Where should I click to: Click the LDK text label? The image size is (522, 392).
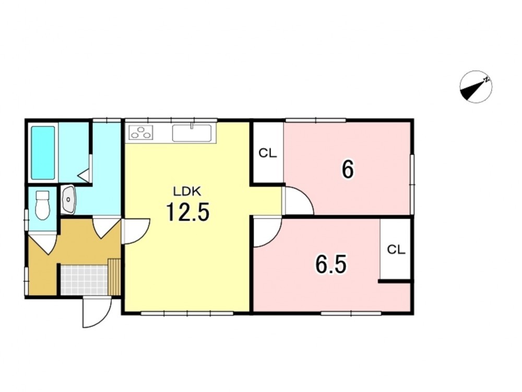[187, 191]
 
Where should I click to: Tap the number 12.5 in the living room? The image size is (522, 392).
[188, 212]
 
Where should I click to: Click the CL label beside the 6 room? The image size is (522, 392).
[268, 153]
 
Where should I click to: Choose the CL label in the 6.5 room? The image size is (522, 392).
[396, 249]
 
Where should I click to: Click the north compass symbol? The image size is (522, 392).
[476, 87]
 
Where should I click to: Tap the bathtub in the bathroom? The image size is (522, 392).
[43, 153]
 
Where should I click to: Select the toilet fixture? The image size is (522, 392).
[42, 205]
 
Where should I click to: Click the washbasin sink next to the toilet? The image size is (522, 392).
[68, 199]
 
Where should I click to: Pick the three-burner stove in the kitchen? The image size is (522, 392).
[141, 132]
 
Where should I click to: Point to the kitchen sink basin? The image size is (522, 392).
[192, 133]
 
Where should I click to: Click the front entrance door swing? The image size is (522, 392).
[97, 312]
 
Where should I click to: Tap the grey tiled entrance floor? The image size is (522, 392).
[85, 280]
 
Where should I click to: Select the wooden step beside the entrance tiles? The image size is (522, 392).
[114, 276]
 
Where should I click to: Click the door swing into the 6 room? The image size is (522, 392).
[298, 201]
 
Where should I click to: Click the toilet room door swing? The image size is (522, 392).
[43, 244]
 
